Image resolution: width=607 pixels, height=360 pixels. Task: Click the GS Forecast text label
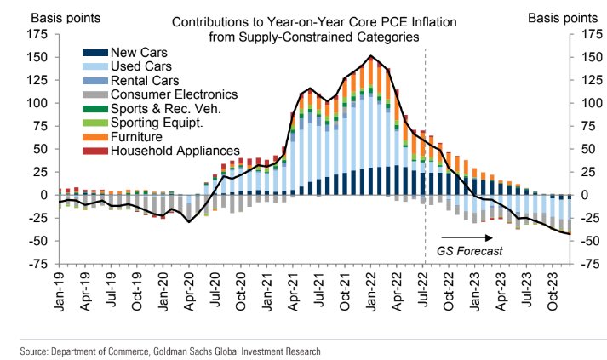(471, 250)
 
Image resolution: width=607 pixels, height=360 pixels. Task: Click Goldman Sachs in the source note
(160, 350)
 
